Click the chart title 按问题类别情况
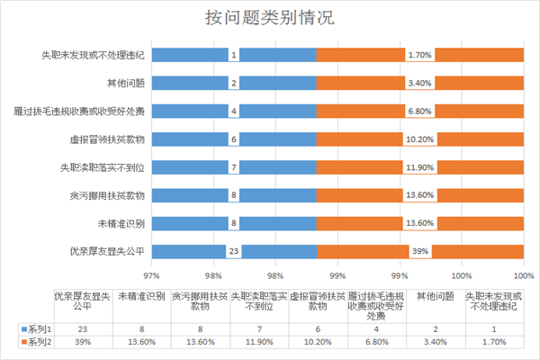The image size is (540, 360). point(270,18)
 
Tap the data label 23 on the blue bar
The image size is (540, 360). point(233,251)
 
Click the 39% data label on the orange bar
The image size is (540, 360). point(419,251)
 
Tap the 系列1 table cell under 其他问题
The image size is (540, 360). point(436,330)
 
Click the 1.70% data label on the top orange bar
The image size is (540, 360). point(419,55)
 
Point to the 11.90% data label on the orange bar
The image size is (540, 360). point(419,167)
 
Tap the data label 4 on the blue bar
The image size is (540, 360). point(233,111)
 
